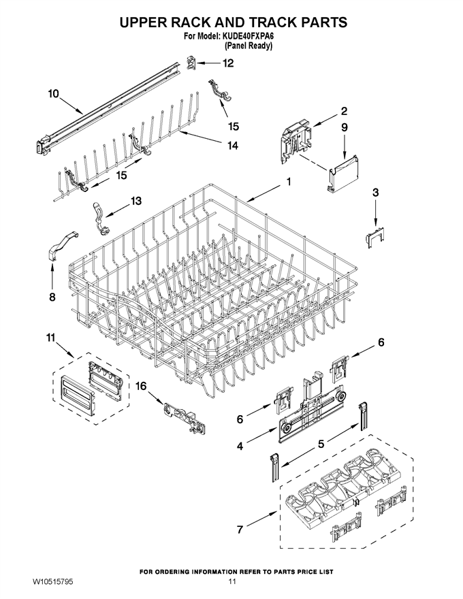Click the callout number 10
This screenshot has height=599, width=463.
click(x=54, y=94)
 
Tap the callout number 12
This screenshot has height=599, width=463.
click(x=228, y=63)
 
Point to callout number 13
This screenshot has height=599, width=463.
click(x=136, y=201)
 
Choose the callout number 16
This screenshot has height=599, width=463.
click(x=141, y=386)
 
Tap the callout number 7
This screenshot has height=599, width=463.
click(x=240, y=530)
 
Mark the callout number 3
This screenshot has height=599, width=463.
click(x=376, y=193)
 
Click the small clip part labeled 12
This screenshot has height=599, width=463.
click(x=191, y=62)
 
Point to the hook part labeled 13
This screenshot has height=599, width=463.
click(x=100, y=216)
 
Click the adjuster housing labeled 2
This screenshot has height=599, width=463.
click(x=297, y=140)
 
